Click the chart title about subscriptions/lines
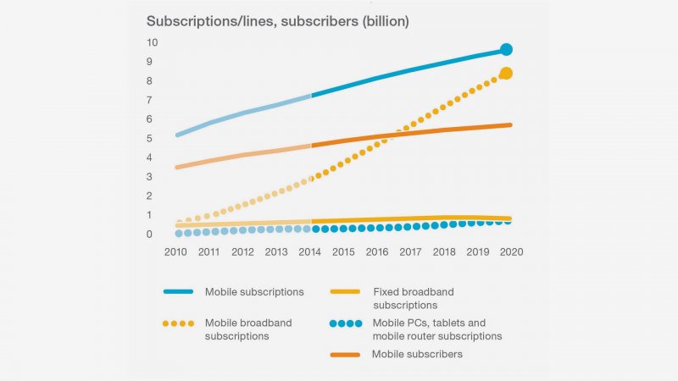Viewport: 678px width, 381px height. [x=278, y=21]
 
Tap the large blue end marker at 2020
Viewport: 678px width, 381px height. [x=506, y=49]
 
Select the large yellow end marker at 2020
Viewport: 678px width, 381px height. [x=506, y=74]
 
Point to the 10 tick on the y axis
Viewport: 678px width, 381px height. [x=152, y=42]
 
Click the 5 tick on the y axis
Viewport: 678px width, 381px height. [x=152, y=138]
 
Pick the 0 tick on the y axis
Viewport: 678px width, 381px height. [x=152, y=234]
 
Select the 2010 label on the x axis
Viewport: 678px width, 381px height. [x=176, y=252]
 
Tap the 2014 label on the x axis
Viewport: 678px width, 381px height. [x=311, y=252]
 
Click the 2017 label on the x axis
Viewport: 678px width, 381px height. [x=410, y=252]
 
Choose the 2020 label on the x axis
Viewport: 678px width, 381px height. [x=510, y=252]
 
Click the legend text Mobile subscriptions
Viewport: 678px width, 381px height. [x=254, y=292]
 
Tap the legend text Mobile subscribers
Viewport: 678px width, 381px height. [x=417, y=354]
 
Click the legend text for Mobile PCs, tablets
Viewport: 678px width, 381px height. [x=436, y=329]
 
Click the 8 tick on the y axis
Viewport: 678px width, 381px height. [x=152, y=80]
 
